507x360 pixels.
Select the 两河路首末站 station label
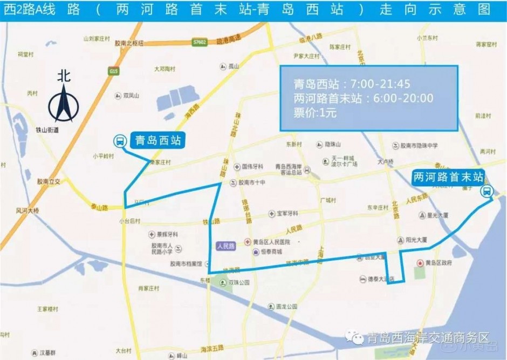coord(448,176)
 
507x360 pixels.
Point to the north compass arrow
coord(64,103)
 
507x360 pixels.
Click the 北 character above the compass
coord(64,76)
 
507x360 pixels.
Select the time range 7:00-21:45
coord(380,84)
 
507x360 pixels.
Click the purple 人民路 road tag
coord(225,246)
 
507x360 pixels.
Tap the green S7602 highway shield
coord(200,41)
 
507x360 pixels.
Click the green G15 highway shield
coord(113,71)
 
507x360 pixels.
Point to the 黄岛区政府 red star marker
coord(420,263)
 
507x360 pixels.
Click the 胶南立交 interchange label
coord(49,182)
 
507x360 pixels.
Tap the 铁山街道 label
coord(47,130)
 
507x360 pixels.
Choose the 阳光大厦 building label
coord(416,239)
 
